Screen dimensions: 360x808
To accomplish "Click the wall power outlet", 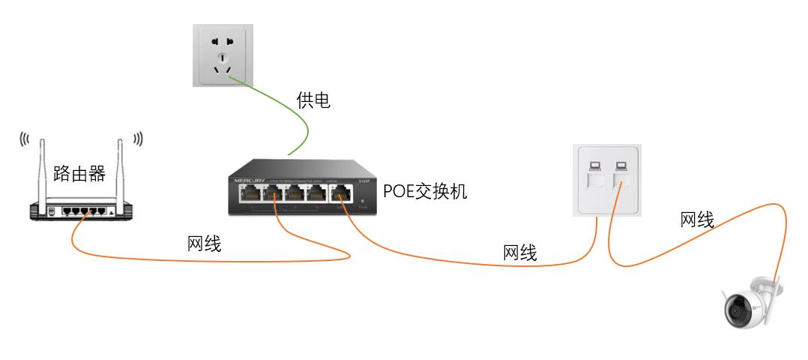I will (222, 55).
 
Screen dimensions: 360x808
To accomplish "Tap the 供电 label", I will (313, 100).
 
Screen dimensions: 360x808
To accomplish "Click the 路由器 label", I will (79, 174).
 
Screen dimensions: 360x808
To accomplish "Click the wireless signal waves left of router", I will (24, 139).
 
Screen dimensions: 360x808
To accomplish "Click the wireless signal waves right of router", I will (137, 139).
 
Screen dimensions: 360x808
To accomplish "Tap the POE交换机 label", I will (425, 192).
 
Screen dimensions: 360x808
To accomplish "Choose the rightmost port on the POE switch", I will (341, 193).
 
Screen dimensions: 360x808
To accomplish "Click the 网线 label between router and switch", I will (204, 244).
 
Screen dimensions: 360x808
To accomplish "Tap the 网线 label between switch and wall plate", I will (519, 253).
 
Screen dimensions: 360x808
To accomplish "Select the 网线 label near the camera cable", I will (696, 220).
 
